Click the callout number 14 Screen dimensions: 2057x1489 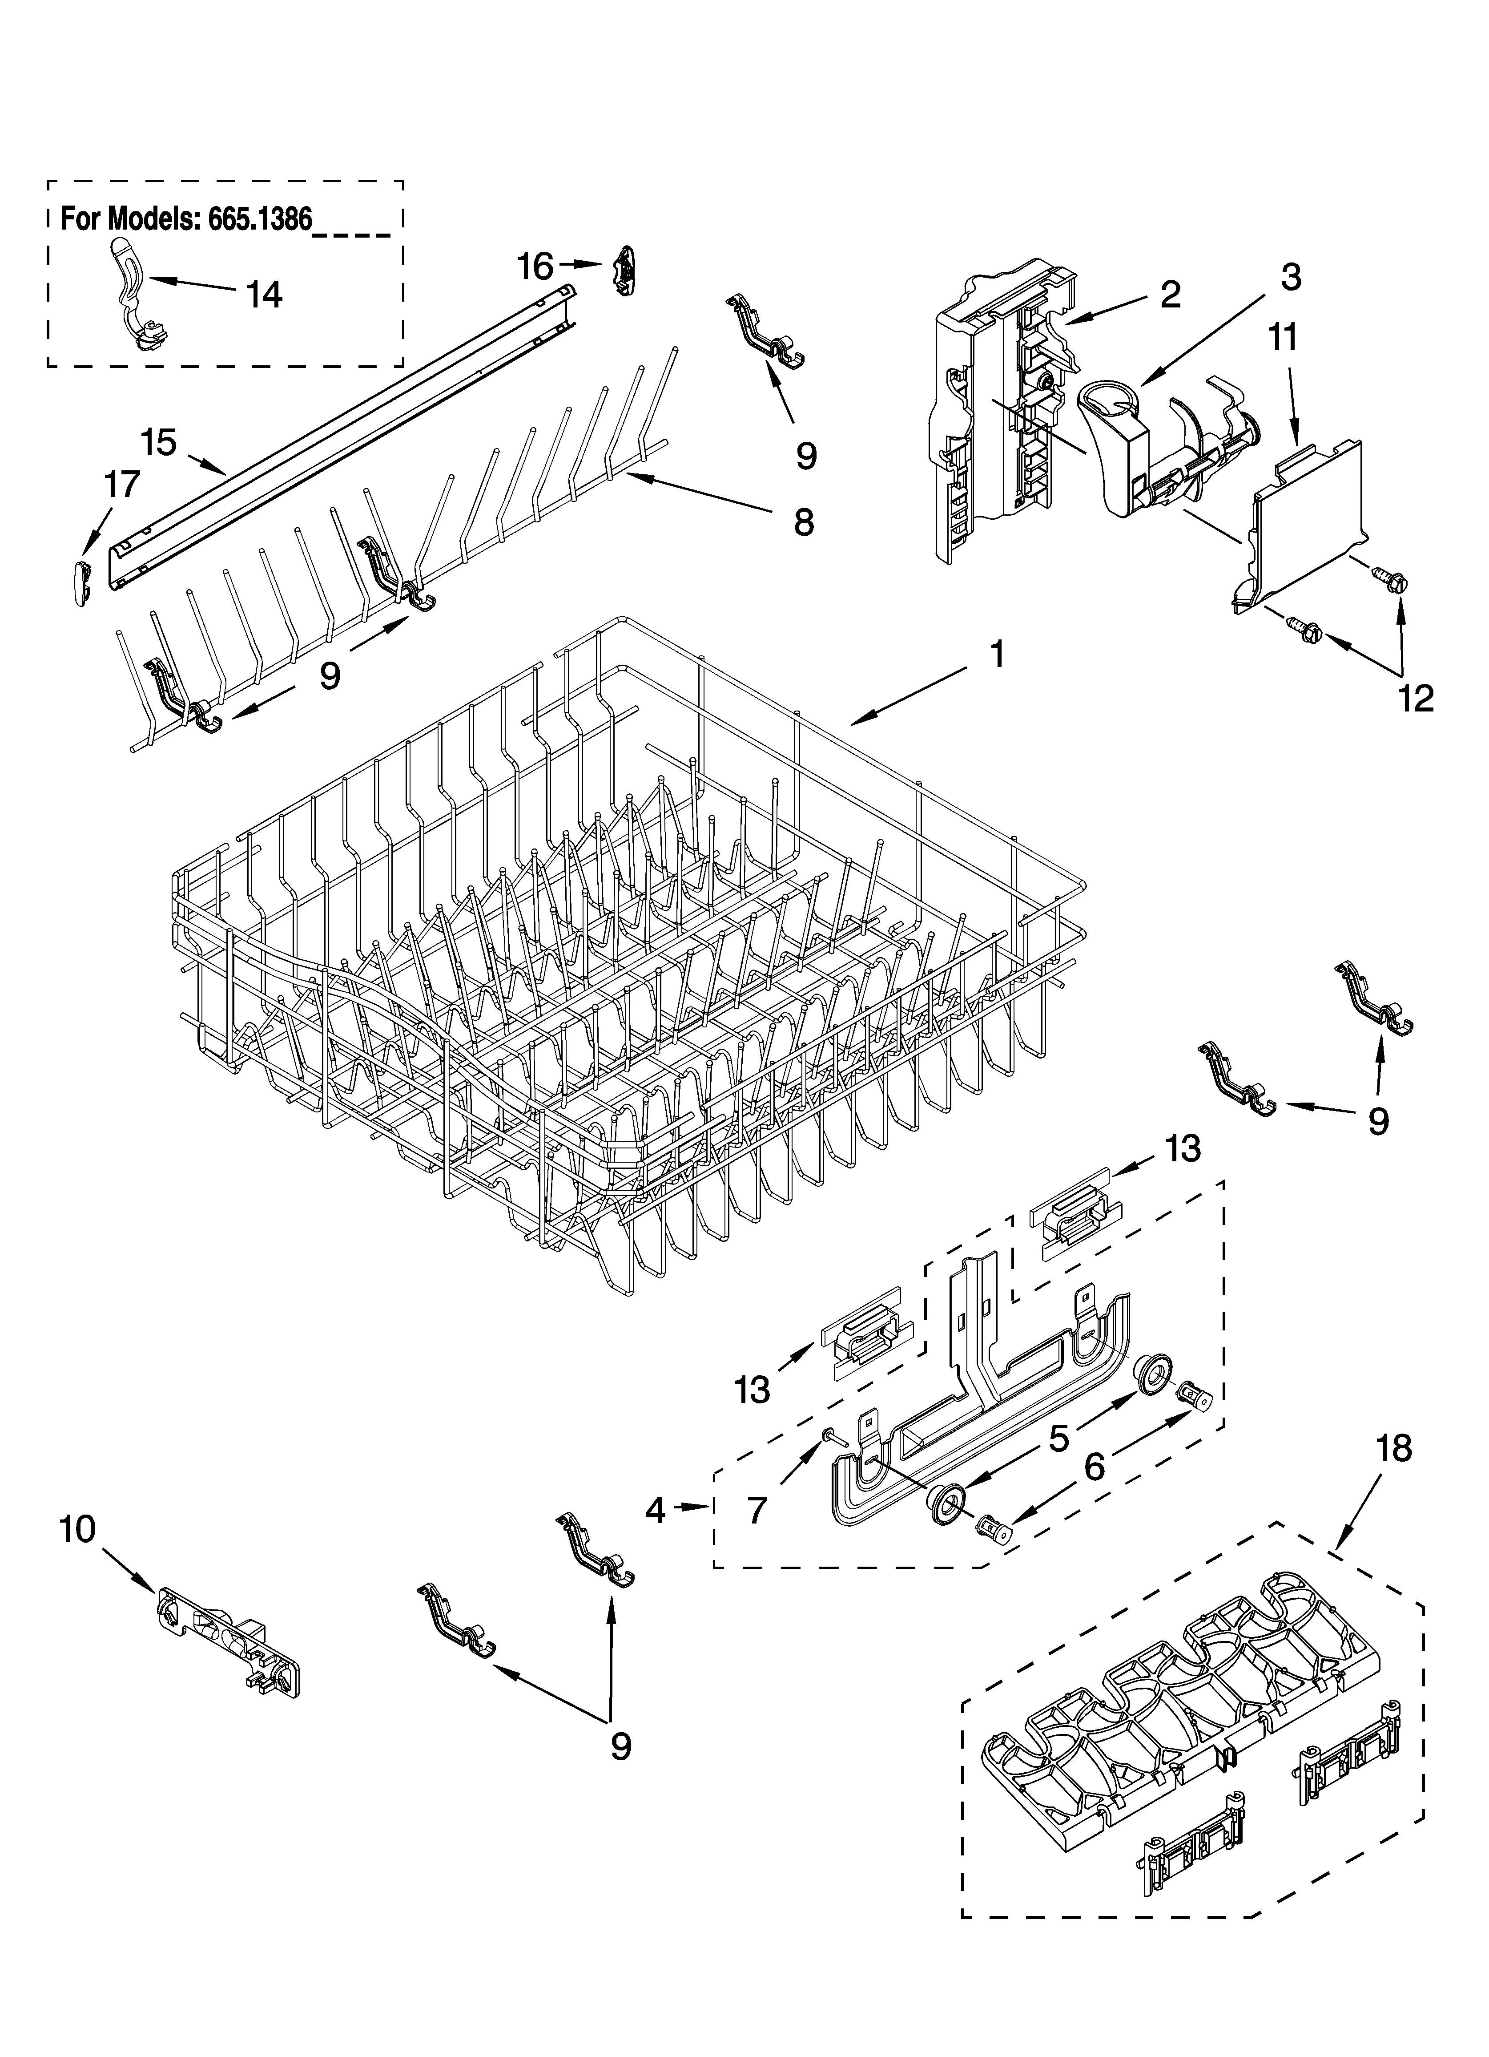(265, 295)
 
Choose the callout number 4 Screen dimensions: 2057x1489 (656, 1509)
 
